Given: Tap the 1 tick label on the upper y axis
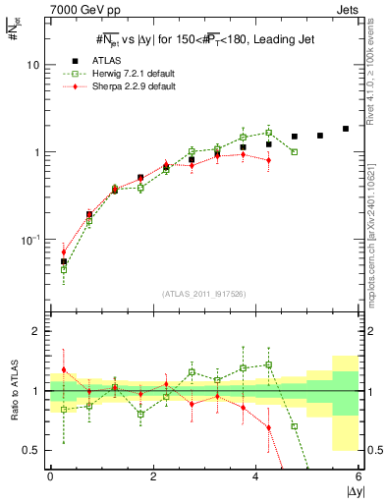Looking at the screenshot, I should pos(37,152).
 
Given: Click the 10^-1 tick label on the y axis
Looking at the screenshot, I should pos(31,241).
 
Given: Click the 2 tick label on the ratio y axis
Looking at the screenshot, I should pos(37,331).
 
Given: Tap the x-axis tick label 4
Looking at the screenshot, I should pos(256,476).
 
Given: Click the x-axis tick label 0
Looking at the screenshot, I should pos(50,476).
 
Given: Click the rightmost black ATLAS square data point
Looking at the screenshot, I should pos(346,129).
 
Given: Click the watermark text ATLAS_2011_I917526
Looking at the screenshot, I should pos(204,293).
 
